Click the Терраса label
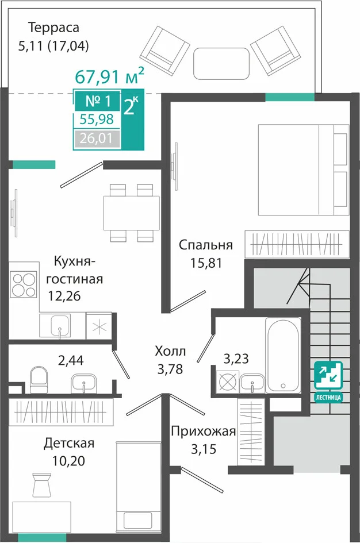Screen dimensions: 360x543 point(53,28)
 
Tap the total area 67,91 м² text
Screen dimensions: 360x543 point(109,76)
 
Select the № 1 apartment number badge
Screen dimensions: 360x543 point(98,101)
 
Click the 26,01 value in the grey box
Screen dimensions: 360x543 point(97,138)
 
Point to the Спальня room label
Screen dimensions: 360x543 point(206,245)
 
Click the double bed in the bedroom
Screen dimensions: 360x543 point(303,170)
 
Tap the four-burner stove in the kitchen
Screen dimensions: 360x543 point(24,284)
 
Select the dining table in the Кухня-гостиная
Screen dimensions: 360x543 point(131,213)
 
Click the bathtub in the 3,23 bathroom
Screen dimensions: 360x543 point(283,355)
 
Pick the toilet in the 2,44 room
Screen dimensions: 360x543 point(39,379)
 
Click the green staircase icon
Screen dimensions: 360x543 point(328,376)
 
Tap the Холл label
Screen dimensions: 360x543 point(170,351)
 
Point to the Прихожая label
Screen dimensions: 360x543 point(204,432)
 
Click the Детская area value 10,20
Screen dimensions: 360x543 point(68,461)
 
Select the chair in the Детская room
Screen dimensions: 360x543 point(43,486)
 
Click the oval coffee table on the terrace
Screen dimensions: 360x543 point(221,63)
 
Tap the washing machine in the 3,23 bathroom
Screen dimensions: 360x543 point(227,382)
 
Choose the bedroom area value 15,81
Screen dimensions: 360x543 point(206,263)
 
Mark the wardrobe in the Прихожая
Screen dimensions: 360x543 point(251,432)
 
